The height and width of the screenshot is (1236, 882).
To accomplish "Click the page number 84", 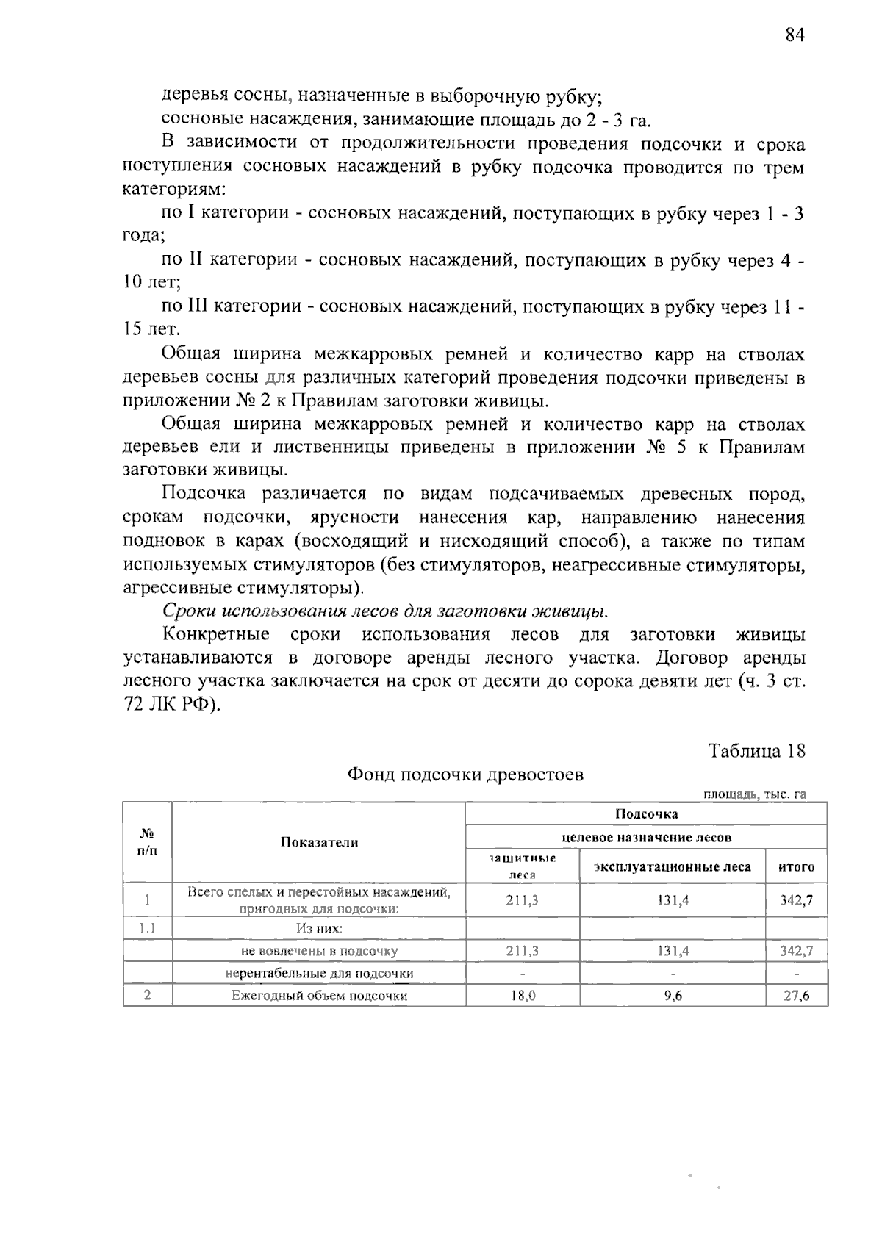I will [795, 36].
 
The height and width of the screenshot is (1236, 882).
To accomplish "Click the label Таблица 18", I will [756, 751].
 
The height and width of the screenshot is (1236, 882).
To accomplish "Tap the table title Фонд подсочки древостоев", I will [465, 775].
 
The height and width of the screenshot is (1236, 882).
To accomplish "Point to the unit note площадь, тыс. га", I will [755, 794].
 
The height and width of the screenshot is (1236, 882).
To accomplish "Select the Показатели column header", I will [319, 843].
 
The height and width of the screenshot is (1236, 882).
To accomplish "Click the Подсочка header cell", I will [646, 813].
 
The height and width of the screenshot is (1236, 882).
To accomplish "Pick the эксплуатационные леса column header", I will [672, 867].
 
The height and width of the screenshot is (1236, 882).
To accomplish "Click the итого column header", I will [796, 867].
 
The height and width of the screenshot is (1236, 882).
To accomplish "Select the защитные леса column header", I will [522, 866].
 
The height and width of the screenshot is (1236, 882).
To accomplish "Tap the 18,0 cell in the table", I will [522, 996].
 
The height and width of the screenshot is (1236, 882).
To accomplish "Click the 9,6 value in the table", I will [672, 996].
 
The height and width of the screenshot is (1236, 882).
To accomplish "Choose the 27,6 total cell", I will [796, 996].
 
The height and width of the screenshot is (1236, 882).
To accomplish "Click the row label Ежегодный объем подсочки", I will [319, 996].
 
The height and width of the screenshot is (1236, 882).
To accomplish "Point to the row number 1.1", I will [147, 928].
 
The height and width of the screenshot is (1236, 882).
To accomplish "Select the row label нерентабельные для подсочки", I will [319, 974].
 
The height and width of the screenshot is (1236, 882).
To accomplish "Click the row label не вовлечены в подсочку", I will [319, 951].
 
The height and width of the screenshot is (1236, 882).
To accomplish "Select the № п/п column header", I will [147, 842].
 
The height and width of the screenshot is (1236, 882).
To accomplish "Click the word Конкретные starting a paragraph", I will [215, 635].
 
